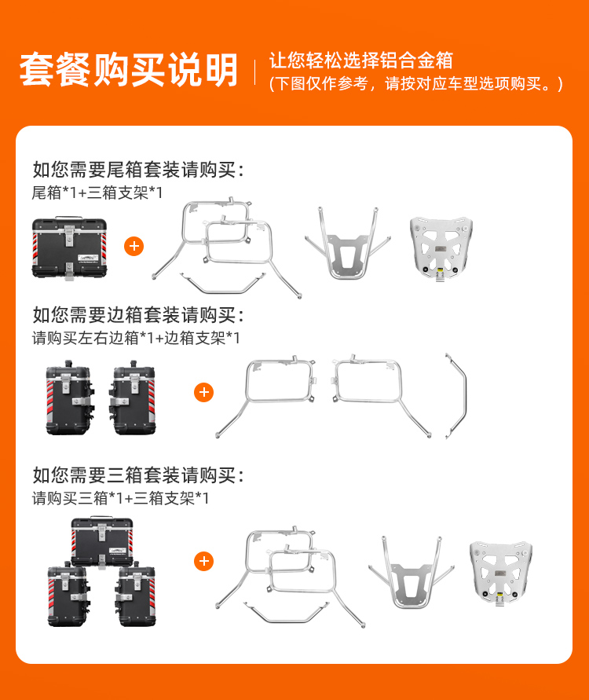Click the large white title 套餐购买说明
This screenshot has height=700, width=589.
[x=129, y=69]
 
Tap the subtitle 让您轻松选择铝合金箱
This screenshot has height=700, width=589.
[x=361, y=60]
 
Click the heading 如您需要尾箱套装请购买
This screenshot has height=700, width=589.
[x=138, y=170]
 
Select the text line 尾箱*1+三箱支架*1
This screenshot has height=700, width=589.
[x=97, y=192]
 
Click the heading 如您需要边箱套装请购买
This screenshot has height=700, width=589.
[x=138, y=315]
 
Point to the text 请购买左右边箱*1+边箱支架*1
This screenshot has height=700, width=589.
[x=136, y=338]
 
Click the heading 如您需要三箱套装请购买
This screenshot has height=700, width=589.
[x=138, y=475]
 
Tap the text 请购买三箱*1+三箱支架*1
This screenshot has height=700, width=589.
[x=120, y=498]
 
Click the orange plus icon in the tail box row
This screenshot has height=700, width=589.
[x=134, y=247]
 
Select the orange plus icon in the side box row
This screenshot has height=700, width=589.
[x=204, y=392]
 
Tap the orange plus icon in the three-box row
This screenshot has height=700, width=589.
[x=204, y=561]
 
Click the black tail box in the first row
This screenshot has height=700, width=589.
[x=69, y=248]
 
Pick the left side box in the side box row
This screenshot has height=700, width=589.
[x=70, y=398]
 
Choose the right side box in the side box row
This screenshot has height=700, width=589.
[x=133, y=398]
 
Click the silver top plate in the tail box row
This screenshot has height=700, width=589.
[x=441, y=248]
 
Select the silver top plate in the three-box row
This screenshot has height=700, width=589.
[x=501, y=574]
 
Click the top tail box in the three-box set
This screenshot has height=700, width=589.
[x=102, y=542]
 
